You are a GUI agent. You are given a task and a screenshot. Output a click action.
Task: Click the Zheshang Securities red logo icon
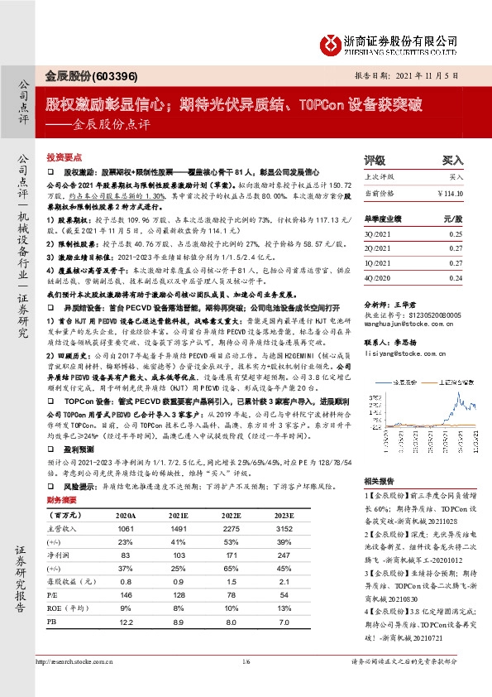coord(330,41)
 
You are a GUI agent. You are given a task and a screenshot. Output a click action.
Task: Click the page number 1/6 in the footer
coord(246,685)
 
